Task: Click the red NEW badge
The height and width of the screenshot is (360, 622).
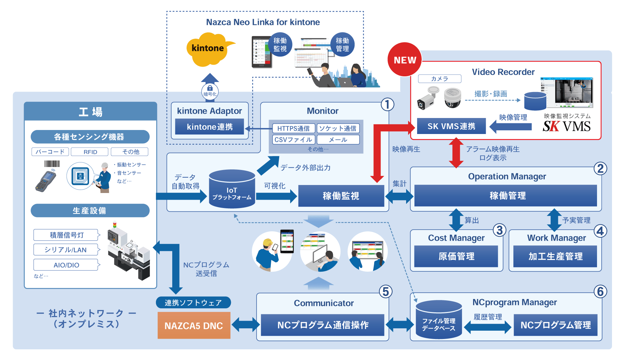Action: point(405,60)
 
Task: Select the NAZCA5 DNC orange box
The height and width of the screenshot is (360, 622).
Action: point(194,325)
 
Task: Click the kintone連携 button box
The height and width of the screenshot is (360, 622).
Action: point(210,127)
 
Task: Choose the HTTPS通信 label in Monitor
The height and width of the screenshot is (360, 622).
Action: point(293,128)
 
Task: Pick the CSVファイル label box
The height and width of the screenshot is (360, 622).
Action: point(293,140)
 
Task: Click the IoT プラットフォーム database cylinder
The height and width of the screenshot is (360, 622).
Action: point(232,190)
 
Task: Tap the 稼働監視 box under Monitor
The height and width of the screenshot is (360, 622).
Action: point(341,196)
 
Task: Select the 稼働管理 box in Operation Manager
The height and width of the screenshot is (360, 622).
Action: point(507,196)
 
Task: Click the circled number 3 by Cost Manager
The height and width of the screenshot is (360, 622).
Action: point(499,230)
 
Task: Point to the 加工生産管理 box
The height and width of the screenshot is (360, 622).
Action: point(555,256)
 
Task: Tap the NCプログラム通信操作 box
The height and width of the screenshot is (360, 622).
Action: point(322,325)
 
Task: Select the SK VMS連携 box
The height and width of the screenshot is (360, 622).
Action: point(451,126)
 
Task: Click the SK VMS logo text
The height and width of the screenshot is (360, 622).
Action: point(566,126)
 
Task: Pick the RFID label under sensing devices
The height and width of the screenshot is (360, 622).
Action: point(90,152)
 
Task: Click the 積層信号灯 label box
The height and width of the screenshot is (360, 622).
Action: point(66,235)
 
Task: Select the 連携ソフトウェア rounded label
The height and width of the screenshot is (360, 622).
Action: point(193,303)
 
